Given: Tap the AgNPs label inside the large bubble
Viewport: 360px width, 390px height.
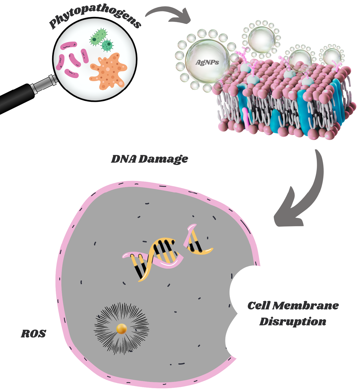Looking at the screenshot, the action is (207, 62).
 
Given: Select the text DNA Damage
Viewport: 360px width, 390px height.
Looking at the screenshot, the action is (149, 159).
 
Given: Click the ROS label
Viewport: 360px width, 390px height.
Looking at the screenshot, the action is (33, 334).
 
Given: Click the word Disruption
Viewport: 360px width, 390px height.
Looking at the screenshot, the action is (293, 321).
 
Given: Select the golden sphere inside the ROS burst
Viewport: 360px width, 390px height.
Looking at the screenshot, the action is (122, 329).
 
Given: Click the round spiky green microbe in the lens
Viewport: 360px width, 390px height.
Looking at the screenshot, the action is (107, 45).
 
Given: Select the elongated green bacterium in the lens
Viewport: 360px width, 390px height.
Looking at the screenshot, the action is (98, 37).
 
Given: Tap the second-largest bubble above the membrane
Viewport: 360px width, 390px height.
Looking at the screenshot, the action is (262, 39).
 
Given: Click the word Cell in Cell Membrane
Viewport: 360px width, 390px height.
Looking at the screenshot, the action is (259, 305).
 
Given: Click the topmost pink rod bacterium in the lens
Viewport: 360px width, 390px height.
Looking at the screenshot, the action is (69, 46).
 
